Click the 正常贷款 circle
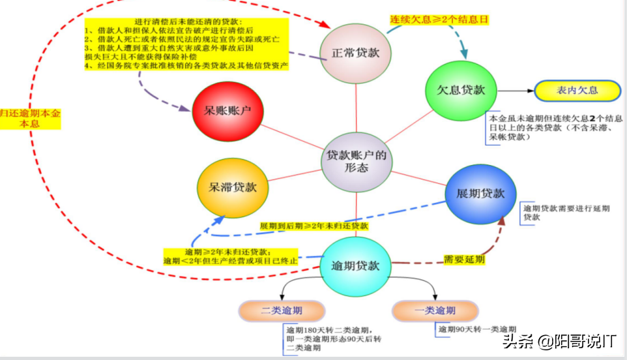click(x=356, y=53)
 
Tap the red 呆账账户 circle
click(x=227, y=112)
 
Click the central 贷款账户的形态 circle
click(x=357, y=162)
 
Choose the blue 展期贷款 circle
click(x=480, y=194)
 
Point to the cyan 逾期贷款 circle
click(x=355, y=266)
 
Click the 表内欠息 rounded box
click(x=577, y=91)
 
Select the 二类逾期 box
click(x=282, y=310)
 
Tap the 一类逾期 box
click(x=435, y=310)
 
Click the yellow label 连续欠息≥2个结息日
click(x=439, y=20)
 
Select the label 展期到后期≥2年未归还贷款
click(x=314, y=226)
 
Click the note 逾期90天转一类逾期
click(x=477, y=329)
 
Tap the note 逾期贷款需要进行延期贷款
click(x=566, y=213)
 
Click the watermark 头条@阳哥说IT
click(x=559, y=341)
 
